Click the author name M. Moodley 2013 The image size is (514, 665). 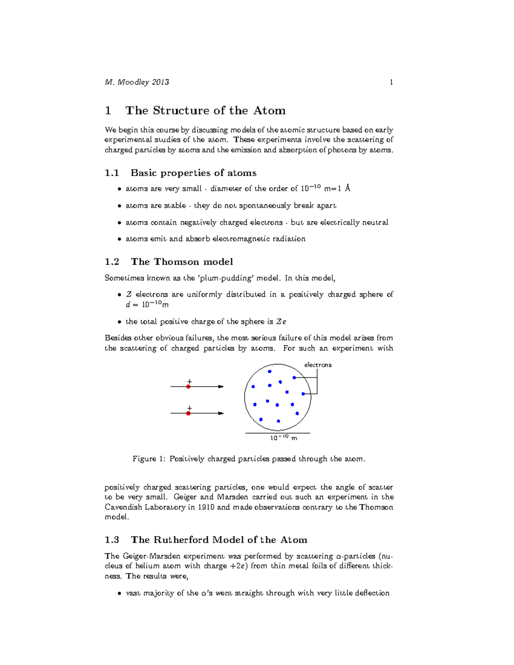pyautogui.click(x=137, y=82)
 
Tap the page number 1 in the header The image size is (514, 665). pyautogui.click(x=391, y=82)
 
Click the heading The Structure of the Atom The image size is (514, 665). pyautogui.click(x=205, y=110)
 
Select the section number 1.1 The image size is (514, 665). pyautogui.click(x=112, y=173)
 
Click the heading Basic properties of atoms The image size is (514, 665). pyautogui.click(x=193, y=173)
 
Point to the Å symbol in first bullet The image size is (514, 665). pyautogui.click(x=347, y=188)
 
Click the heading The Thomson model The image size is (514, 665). pyautogui.click(x=182, y=262)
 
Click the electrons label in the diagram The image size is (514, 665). pyautogui.click(x=318, y=365)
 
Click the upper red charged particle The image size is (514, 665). pyautogui.click(x=188, y=387)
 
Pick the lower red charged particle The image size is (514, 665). pyautogui.click(x=188, y=413)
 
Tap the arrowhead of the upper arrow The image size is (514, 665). pyautogui.click(x=221, y=387)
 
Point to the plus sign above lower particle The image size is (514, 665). pyautogui.click(x=189, y=408)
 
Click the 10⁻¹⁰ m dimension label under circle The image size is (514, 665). pyautogui.click(x=283, y=438)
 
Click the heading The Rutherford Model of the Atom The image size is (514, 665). pyautogui.click(x=219, y=540)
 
